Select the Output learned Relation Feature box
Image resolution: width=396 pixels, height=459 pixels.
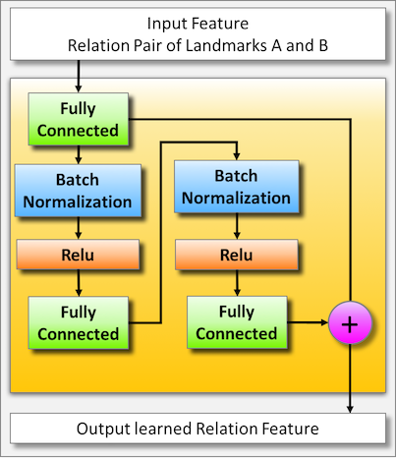(198, 429)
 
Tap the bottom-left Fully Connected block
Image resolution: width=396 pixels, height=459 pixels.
(78, 321)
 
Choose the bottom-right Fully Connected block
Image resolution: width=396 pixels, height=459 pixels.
(236, 321)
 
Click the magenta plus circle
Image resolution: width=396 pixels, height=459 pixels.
(350, 322)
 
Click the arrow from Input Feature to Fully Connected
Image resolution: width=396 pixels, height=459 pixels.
(78, 77)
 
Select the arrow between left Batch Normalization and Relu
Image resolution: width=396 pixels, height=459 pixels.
(78, 228)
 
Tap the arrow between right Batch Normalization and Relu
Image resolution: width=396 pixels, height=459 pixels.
(236, 226)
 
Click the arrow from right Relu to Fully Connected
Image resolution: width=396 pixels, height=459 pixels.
(236, 284)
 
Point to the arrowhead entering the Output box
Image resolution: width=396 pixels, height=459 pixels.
(351, 405)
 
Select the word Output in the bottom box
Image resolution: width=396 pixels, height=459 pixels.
(101, 429)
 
